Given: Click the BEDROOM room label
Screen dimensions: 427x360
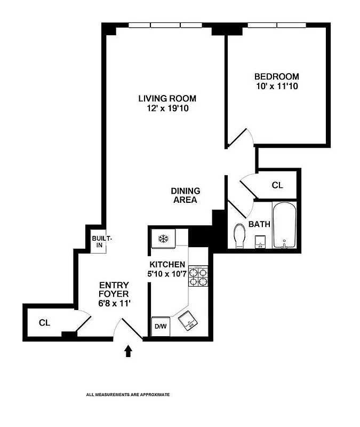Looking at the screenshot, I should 276,76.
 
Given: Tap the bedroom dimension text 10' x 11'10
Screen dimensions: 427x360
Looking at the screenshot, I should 276,86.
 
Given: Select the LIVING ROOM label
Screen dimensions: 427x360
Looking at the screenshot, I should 167,98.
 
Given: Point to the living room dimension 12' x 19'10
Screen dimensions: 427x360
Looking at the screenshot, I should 167,108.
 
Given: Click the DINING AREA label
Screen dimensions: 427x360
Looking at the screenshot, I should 186,195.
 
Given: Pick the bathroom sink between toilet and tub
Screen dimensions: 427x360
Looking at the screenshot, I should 260,241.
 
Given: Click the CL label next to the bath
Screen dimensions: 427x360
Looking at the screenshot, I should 277,186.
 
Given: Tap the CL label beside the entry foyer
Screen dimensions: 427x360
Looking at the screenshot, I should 45,323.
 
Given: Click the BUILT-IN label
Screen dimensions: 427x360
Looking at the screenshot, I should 99,242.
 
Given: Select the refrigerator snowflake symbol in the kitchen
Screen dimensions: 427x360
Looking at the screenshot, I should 163,238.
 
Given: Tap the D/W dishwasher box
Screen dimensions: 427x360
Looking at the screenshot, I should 160,327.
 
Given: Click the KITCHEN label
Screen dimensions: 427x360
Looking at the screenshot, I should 167,265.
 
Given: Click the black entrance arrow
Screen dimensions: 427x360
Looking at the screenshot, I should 128,351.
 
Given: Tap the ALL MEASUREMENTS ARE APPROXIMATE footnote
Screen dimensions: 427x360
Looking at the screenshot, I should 128,394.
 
